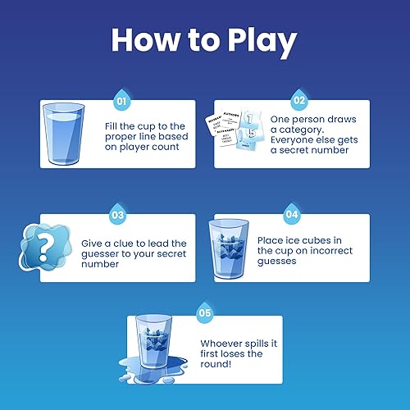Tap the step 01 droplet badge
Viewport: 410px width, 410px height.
[x=121, y=102]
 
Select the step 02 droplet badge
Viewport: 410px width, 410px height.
[x=298, y=102]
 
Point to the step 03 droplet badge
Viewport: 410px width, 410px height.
[x=118, y=216]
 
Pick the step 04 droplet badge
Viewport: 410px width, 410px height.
[x=291, y=216]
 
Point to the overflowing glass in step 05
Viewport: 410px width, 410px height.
[x=162, y=344]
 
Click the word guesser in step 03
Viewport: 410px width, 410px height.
[x=101, y=254]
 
